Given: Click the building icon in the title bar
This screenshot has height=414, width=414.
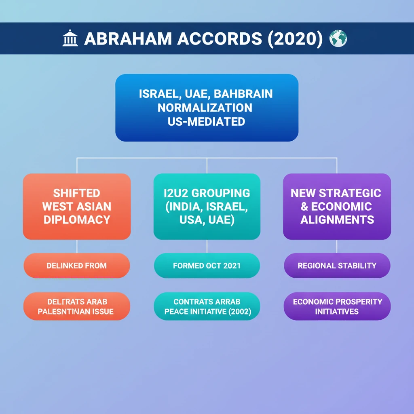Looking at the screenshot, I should (70, 39).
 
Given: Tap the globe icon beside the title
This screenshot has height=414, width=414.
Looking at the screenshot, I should (338, 39).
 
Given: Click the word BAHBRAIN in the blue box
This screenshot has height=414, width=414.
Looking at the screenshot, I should (243, 94).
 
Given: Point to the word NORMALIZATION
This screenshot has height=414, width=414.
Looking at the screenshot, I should (205, 108).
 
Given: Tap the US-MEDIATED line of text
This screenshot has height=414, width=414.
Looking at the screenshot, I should (206, 121).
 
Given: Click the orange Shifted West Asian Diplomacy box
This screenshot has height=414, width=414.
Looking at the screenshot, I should (77, 206).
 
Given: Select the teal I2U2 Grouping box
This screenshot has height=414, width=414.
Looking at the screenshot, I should (207, 206).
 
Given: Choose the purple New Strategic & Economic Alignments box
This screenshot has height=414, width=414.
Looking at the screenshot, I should (336, 206).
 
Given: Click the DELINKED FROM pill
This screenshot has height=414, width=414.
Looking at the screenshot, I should (77, 266).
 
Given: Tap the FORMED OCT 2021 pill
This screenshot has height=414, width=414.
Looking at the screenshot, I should (207, 266).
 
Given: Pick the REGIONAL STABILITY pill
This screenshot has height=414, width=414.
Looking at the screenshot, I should (337, 266).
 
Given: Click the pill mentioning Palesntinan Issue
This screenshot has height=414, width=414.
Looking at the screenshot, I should (77, 306).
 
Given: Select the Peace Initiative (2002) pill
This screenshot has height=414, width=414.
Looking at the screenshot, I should (207, 306).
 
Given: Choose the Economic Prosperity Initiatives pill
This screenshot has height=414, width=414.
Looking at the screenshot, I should (337, 306).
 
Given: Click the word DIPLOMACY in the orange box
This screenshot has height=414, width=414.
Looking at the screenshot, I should (77, 220).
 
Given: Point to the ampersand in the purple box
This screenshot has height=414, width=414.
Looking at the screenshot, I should (304, 207).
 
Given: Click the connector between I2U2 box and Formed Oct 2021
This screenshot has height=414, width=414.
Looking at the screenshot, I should (207, 246).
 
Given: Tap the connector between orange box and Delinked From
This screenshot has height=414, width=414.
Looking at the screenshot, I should (77, 246).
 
